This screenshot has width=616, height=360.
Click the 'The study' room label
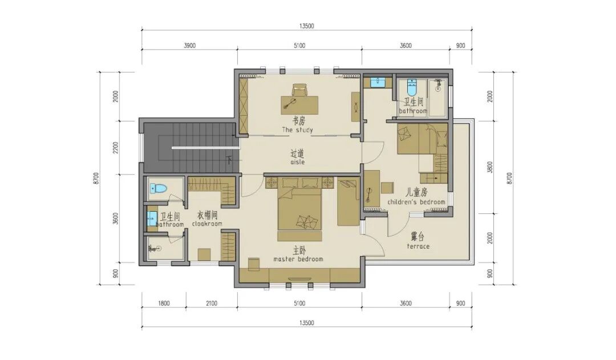click(297, 130)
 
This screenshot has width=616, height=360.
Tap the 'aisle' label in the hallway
click(297, 162)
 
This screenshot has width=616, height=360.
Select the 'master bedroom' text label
click(298, 259)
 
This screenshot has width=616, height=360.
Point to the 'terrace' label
click(418, 246)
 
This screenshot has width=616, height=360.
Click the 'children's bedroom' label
click(416, 202)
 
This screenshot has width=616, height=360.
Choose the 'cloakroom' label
click(207, 224)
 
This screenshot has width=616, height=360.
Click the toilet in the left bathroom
click(159, 189)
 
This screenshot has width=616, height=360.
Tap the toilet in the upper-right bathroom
click(411, 88)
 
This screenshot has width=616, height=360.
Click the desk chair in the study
click(299, 90)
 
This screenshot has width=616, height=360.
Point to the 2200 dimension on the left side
click(115, 148)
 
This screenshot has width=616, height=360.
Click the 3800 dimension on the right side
click(489, 167)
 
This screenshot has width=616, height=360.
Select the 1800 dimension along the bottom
click(164, 303)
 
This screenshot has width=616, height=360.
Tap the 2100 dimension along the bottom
click(212, 303)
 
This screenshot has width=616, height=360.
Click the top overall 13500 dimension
click(306, 26)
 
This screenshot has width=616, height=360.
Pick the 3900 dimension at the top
click(189, 46)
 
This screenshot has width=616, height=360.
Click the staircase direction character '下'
click(229, 160)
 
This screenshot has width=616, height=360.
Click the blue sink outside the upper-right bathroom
click(378, 83)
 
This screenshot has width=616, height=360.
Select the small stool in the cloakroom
click(204, 254)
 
